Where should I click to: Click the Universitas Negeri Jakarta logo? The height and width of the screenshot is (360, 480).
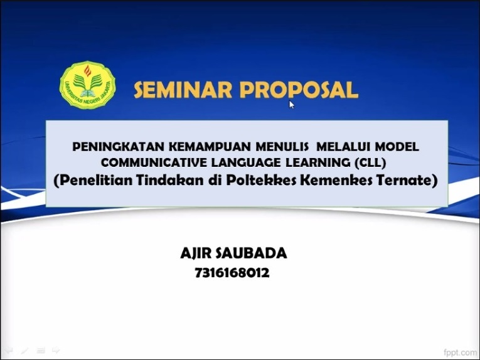point(88,85)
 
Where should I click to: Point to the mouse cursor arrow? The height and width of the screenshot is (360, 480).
point(291,105)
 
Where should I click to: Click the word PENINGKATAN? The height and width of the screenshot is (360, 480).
point(119,147)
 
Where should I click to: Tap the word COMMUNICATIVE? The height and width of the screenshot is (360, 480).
point(154,162)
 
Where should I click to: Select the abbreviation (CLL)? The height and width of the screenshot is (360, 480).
point(370,162)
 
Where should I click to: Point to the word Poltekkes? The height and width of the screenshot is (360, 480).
point(261,180)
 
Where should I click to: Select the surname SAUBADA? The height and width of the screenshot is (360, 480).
point(252,253)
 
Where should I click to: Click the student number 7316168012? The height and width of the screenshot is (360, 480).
point(232,273)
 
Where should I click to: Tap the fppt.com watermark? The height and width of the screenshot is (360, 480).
point(461,352)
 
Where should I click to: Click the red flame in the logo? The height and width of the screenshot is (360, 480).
point(88,71)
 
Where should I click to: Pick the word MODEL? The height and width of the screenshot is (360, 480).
point(397,147)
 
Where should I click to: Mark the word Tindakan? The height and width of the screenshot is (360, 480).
point(170,180)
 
